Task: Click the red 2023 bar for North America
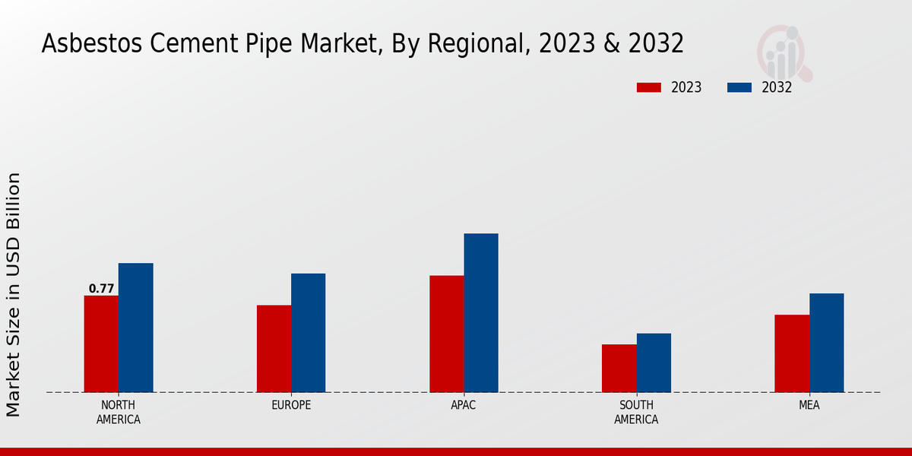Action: [101, 344]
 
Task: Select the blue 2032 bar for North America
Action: [135, 328]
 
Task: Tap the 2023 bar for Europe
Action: [274, 348]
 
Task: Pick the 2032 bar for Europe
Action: [308, 332]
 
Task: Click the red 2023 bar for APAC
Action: [446, 334]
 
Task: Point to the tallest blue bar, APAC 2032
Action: [481, 312]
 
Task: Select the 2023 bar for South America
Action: [619, 368]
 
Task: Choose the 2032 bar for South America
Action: [654, 363]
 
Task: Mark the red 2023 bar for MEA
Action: [791, 353]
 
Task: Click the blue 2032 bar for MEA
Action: [826, 343]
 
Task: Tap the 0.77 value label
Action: [101, 289]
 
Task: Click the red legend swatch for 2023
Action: [648, 87]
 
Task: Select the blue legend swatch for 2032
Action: [739, 87]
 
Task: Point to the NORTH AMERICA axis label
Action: [119, 412]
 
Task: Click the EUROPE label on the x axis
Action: [291, 405]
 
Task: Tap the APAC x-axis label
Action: [464, 405]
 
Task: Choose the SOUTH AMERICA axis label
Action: [636, 412]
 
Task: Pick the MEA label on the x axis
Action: [809, 405]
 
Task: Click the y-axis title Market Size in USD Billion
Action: [14, 295]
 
